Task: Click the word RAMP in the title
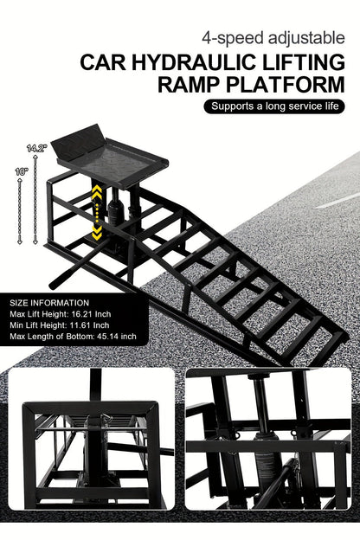click(192, 85)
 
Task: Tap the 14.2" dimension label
click(35, 148)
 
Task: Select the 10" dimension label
click(21, 171)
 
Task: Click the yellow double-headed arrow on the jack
click(97, 213)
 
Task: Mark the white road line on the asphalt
click(338, 200)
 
